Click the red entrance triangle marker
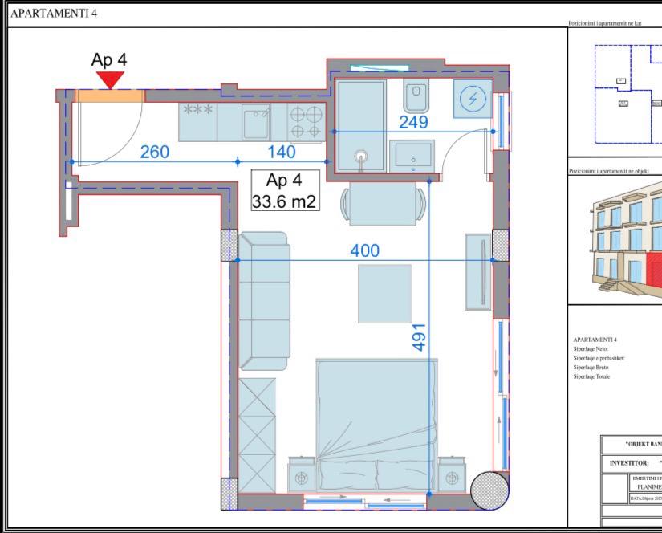click(x=110, y=79)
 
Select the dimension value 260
click(x=154, y=152)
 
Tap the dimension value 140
click(x=281, y=152)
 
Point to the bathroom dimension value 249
click(x=414, y=122)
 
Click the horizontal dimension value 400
click(x=365, y=250)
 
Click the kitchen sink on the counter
click(x=257, y=123)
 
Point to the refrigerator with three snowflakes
click(x=197, y=122)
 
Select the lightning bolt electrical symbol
click(x=472, y=99)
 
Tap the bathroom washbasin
click(x=412, y=155)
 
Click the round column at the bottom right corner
click(x=489, y=490)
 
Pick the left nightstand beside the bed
click(x=302, y=478)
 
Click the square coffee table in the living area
click(x=384, y=293)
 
